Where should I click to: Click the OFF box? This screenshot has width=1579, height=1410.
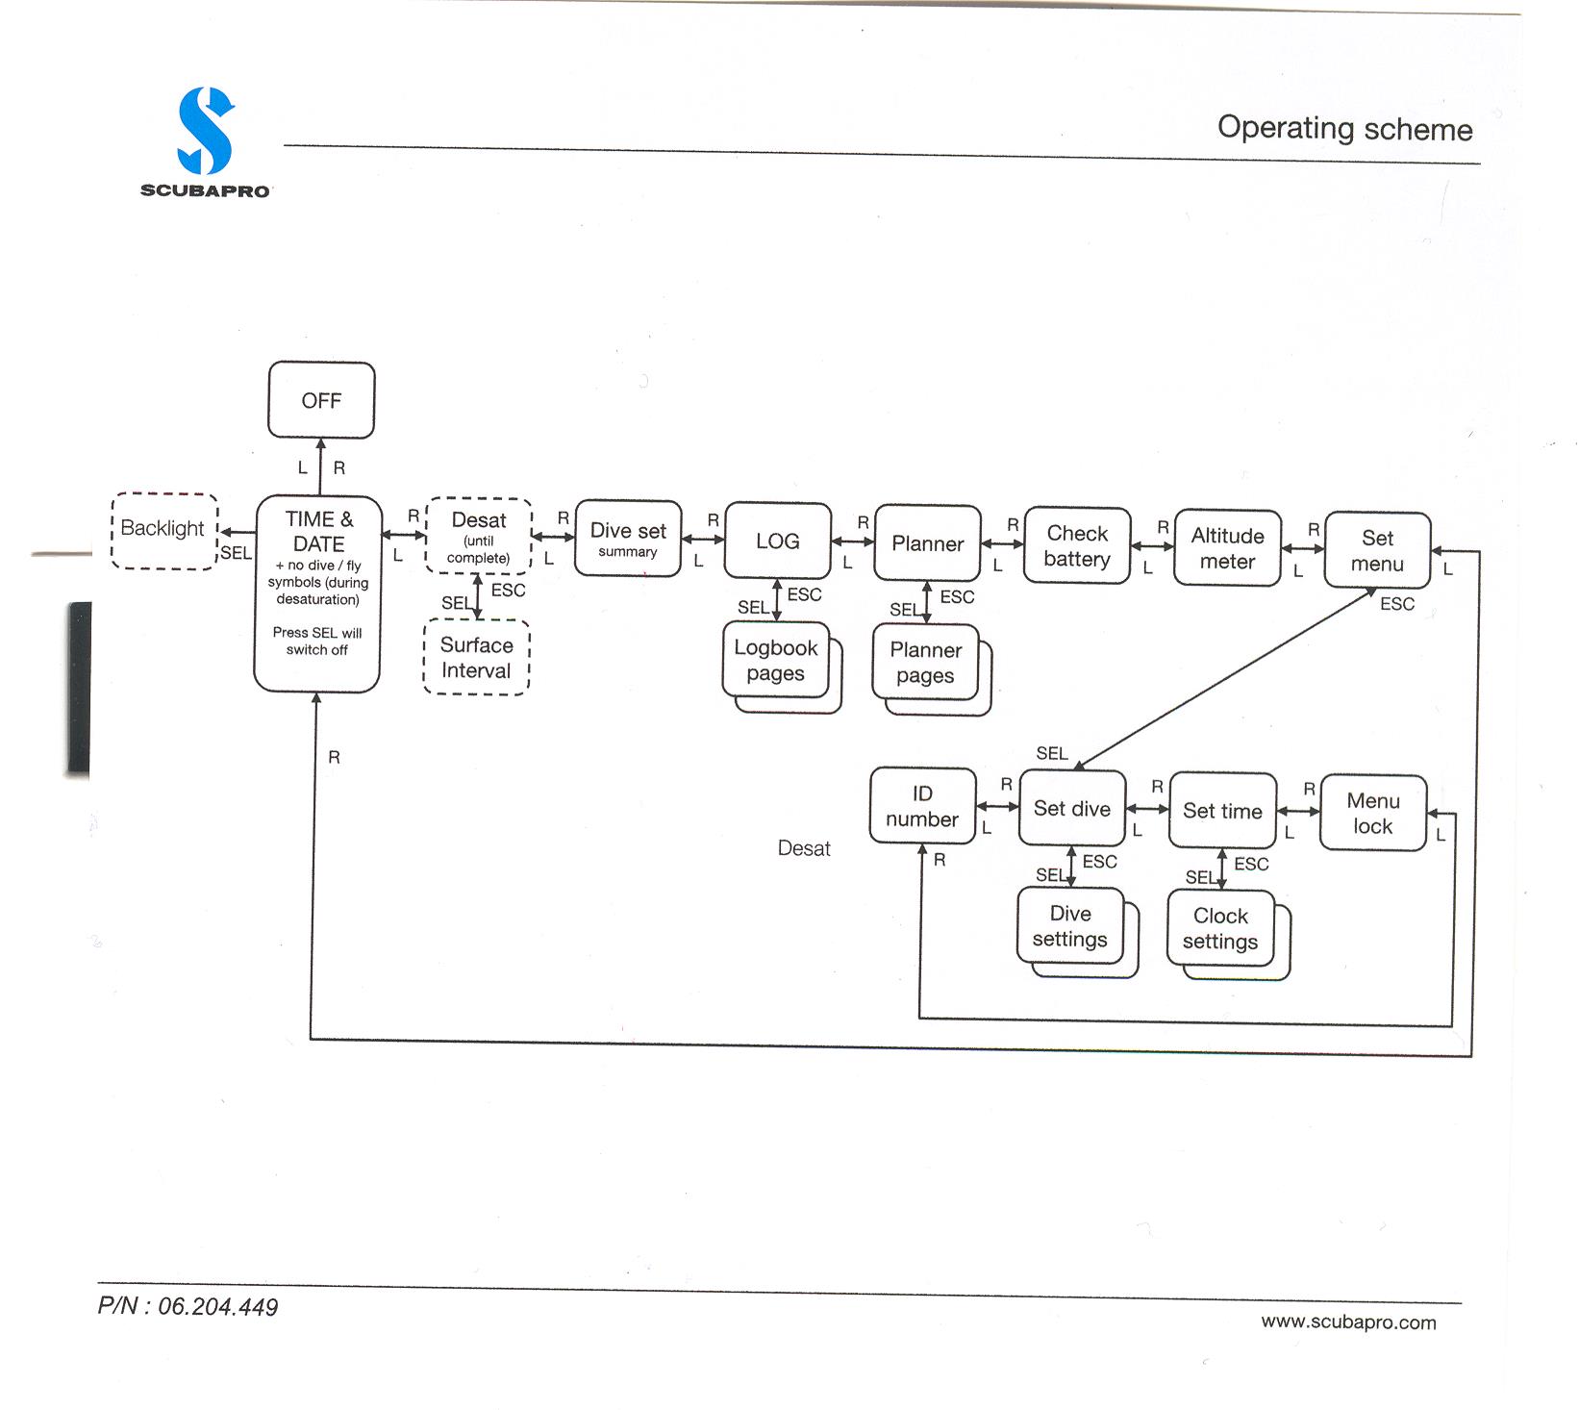(x=321, y=400)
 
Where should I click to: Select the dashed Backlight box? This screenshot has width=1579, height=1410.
(x=163, y=530)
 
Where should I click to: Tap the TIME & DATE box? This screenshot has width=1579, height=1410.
(x=318, y=593)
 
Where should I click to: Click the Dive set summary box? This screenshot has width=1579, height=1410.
(x=628, y=539)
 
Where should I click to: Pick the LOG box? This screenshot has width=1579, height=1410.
(x=777, y=541)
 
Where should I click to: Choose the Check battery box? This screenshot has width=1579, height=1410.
(x=1077, y=545)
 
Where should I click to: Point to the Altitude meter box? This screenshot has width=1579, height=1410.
(x=1227, y=548)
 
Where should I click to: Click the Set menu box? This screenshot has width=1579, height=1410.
(x=1377, y=550)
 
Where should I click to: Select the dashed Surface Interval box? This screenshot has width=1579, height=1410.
(x=477, y=658)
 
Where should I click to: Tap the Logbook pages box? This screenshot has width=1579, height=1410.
(x=776, y=661)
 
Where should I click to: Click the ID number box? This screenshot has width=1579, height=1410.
(x=922, y=806)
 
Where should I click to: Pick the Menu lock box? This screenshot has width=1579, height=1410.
(x=1372, y=814)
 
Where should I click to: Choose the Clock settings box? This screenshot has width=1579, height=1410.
(x=1220, y=929)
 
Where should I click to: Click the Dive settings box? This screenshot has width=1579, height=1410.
(x=1070, y=926)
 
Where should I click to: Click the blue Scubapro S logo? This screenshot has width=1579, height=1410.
(x=206, y=132)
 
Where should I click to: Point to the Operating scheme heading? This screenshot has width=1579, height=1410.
(x=1344, y=129)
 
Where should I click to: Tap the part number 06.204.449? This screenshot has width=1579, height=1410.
(x=188, y=1306)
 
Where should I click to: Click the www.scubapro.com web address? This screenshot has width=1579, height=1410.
(x=1348, y=1322)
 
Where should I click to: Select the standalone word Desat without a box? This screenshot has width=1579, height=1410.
(x=804, y=848)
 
